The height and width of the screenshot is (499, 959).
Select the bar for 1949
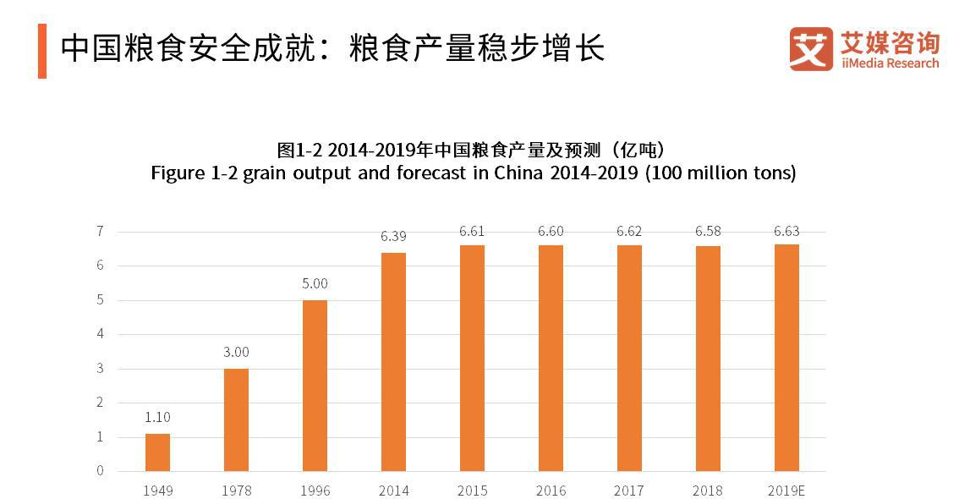pos(157,452)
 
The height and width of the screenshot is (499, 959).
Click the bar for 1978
pos(236,419)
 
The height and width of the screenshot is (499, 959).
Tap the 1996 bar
pos(315,385)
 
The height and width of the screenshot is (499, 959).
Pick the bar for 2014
pos(393,361)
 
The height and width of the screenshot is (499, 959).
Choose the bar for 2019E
pos(786,357)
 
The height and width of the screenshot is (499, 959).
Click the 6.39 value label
pos(393,237)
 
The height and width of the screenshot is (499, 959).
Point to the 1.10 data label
pos(157,417)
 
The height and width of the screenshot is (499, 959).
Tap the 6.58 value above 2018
pos(708,231)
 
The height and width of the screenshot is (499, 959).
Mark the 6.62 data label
pos(629,230)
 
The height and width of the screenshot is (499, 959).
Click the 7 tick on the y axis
pos(100,231)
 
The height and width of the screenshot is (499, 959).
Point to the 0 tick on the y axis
pos(100,471)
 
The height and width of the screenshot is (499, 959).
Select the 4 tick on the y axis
pos(100,334)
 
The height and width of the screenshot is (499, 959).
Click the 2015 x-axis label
pos(472,491)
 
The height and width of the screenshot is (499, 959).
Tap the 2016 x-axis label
pos(551,491)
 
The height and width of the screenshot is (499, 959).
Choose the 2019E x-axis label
pos(786,491)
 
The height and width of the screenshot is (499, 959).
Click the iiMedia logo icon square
pos(811,48)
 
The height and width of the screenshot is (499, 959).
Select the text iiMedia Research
pos(890,63)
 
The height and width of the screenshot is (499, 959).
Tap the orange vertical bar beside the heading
pos(42,51)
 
